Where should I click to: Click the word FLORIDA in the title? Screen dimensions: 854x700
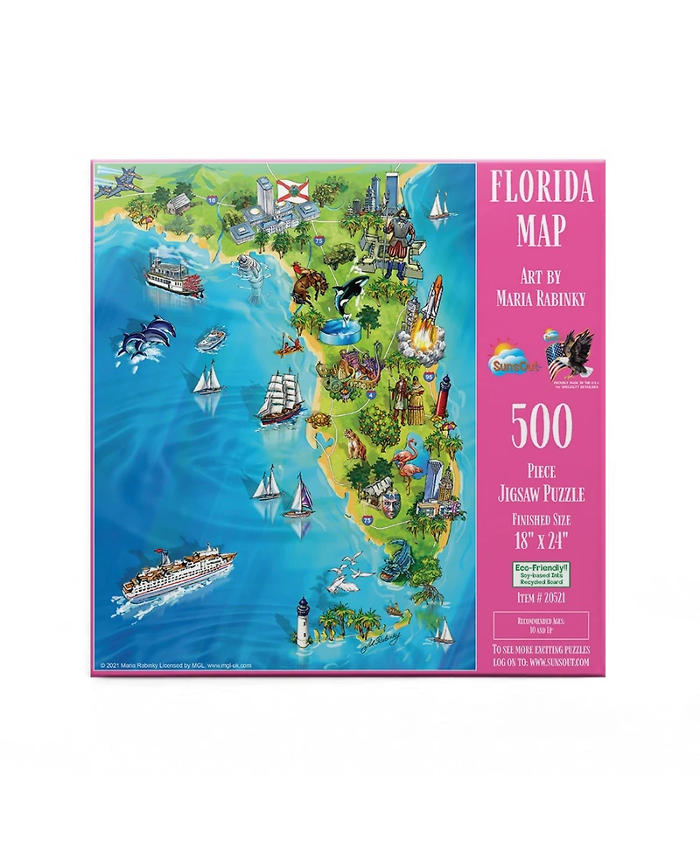click(x=541, y=186)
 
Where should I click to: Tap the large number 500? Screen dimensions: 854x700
click(x=541, y=427)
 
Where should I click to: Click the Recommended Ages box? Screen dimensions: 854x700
click(x=541, y=624)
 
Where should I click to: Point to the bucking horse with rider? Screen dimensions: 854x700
click(x=306, y=286)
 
